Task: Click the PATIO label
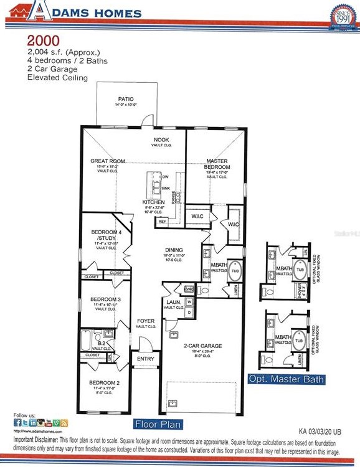coord(126,99)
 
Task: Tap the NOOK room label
coord(161,140)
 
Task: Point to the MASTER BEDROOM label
coord(217,164)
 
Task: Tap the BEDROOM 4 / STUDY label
coord(104,235)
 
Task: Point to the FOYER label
coord(146,321)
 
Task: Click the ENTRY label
coord(145,359)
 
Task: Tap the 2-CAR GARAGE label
coord(202,346)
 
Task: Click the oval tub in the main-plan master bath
coord(234,271)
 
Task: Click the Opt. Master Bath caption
coord(287,379)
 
